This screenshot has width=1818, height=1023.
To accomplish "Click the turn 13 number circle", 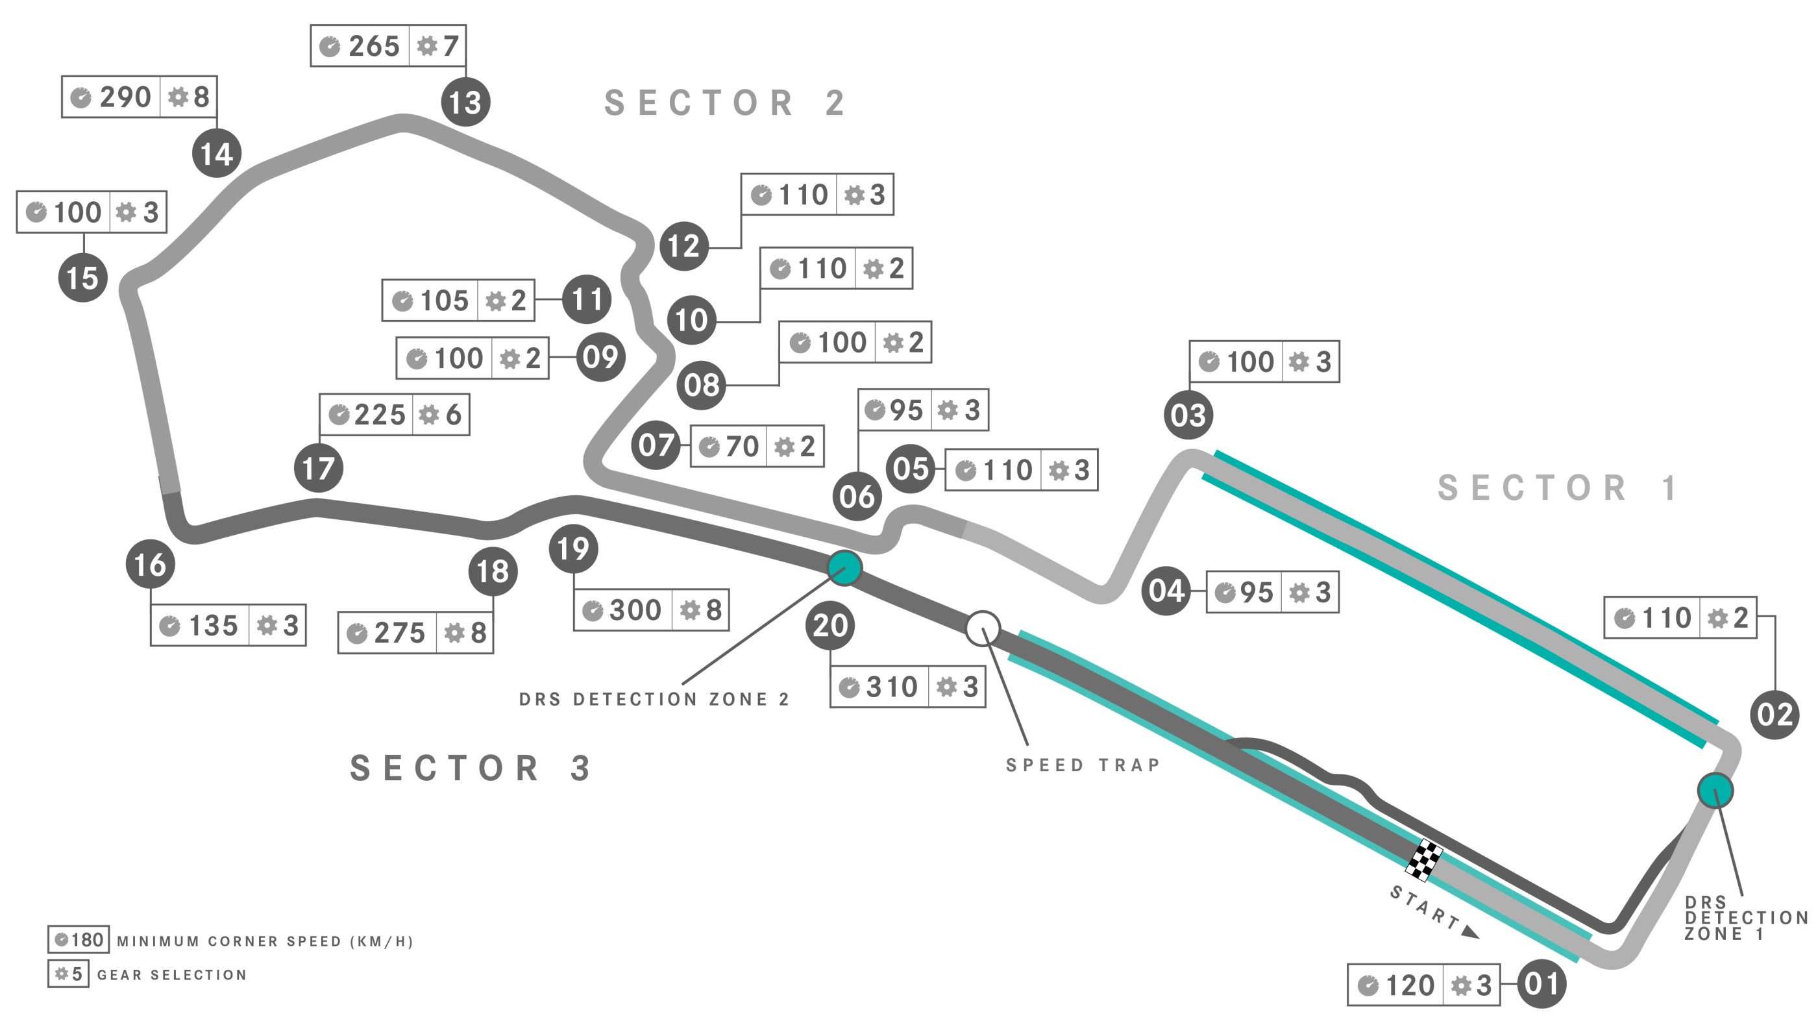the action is pos(466,102).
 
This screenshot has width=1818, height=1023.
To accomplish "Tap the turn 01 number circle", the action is pos(1542,983).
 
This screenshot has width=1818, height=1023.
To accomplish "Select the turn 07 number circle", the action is pos(656,445).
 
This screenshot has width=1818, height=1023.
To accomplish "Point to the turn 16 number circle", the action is pos(151,563).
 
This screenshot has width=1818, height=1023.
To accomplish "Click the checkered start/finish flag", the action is pos(1424,860).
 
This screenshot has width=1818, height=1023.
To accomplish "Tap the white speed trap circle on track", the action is pos(983,628).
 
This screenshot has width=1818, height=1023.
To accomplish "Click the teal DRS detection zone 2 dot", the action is pos(844,567).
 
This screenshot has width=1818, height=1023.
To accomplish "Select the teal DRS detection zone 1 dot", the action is pos(1715,790).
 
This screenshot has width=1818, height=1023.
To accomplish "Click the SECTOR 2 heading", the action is pos(725,103).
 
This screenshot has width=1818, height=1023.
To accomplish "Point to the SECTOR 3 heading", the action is pos(470,767).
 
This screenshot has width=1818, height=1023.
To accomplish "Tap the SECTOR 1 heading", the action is pos(1558,488).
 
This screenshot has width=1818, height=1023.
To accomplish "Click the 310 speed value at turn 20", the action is pos(891,686).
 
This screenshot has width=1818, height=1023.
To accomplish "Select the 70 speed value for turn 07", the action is pos(742,446).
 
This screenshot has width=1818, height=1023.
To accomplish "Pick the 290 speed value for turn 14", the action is pos(125,97).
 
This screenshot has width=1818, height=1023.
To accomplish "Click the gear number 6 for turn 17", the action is pos(454,414).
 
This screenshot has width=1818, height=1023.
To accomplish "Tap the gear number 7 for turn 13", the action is pos(451,46).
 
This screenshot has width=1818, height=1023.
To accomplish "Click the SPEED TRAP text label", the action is pos(1083,765).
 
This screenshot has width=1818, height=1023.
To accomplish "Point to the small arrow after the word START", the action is pos(1470,932).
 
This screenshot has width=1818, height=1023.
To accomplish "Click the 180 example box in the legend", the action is pos(79,940).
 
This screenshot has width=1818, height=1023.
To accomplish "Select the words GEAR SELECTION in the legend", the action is pos(171,975).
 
